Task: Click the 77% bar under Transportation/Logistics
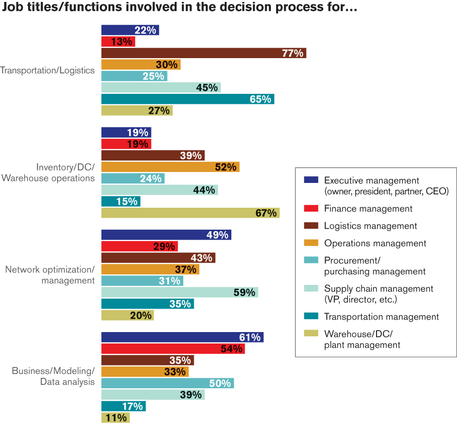point(203,53)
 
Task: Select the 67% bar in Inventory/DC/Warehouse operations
point(190,212)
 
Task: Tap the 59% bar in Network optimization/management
point(179,292)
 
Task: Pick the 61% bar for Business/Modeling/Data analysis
point(182,337)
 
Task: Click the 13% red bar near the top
point(118,41)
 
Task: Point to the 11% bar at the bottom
point(115,418)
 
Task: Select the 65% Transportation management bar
point(188,99)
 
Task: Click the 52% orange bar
point(170,167)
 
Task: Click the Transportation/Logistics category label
point(48,71)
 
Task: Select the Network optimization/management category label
point(50,275)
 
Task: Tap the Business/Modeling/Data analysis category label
point(53,376)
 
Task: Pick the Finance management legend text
point(368,209)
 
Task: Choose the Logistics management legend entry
point(370,226)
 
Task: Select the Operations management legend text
point(375,243)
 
